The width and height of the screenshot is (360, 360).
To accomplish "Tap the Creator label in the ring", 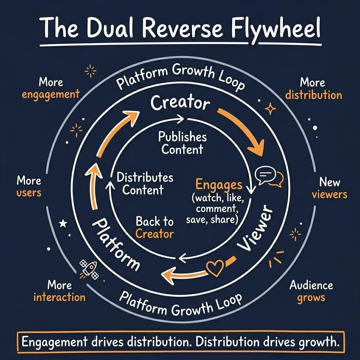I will point(180,103).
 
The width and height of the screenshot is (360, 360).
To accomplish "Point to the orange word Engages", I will point(219,185).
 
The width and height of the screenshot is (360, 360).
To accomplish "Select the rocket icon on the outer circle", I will point(89,269).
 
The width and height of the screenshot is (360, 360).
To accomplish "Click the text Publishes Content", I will point(182,143).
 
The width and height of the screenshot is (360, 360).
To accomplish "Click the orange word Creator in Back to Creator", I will point(154,233).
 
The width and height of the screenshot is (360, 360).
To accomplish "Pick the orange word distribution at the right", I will point(313,95).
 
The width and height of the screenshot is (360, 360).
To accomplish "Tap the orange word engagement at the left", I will point(51,95).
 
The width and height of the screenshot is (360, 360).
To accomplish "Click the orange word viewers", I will point(329,194).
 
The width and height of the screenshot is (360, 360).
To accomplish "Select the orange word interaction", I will point(59,297).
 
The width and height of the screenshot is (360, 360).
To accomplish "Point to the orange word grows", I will point(311,298).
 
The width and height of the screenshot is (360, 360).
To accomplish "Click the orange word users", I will point(29,193).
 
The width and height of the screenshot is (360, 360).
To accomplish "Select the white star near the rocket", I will point(64,223).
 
